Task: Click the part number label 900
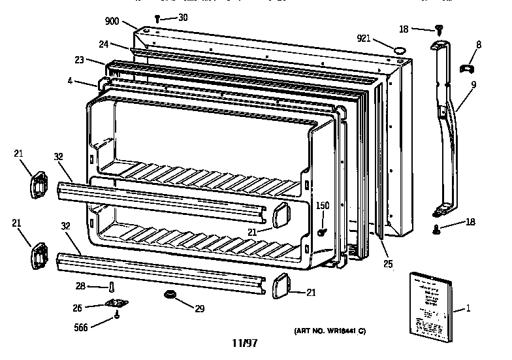tap(112, 22)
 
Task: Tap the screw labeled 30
tap(158, 18)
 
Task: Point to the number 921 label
tap(364, 38)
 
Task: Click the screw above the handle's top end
tap(440, 29)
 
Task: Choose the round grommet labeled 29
tap(171, 296)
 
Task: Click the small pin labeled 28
tap(112, 287)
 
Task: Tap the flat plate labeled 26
tap(116, 303)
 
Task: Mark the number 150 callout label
tap(323, 205)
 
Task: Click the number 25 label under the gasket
tap(387, 265)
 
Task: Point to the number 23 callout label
tap(80, 59)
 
